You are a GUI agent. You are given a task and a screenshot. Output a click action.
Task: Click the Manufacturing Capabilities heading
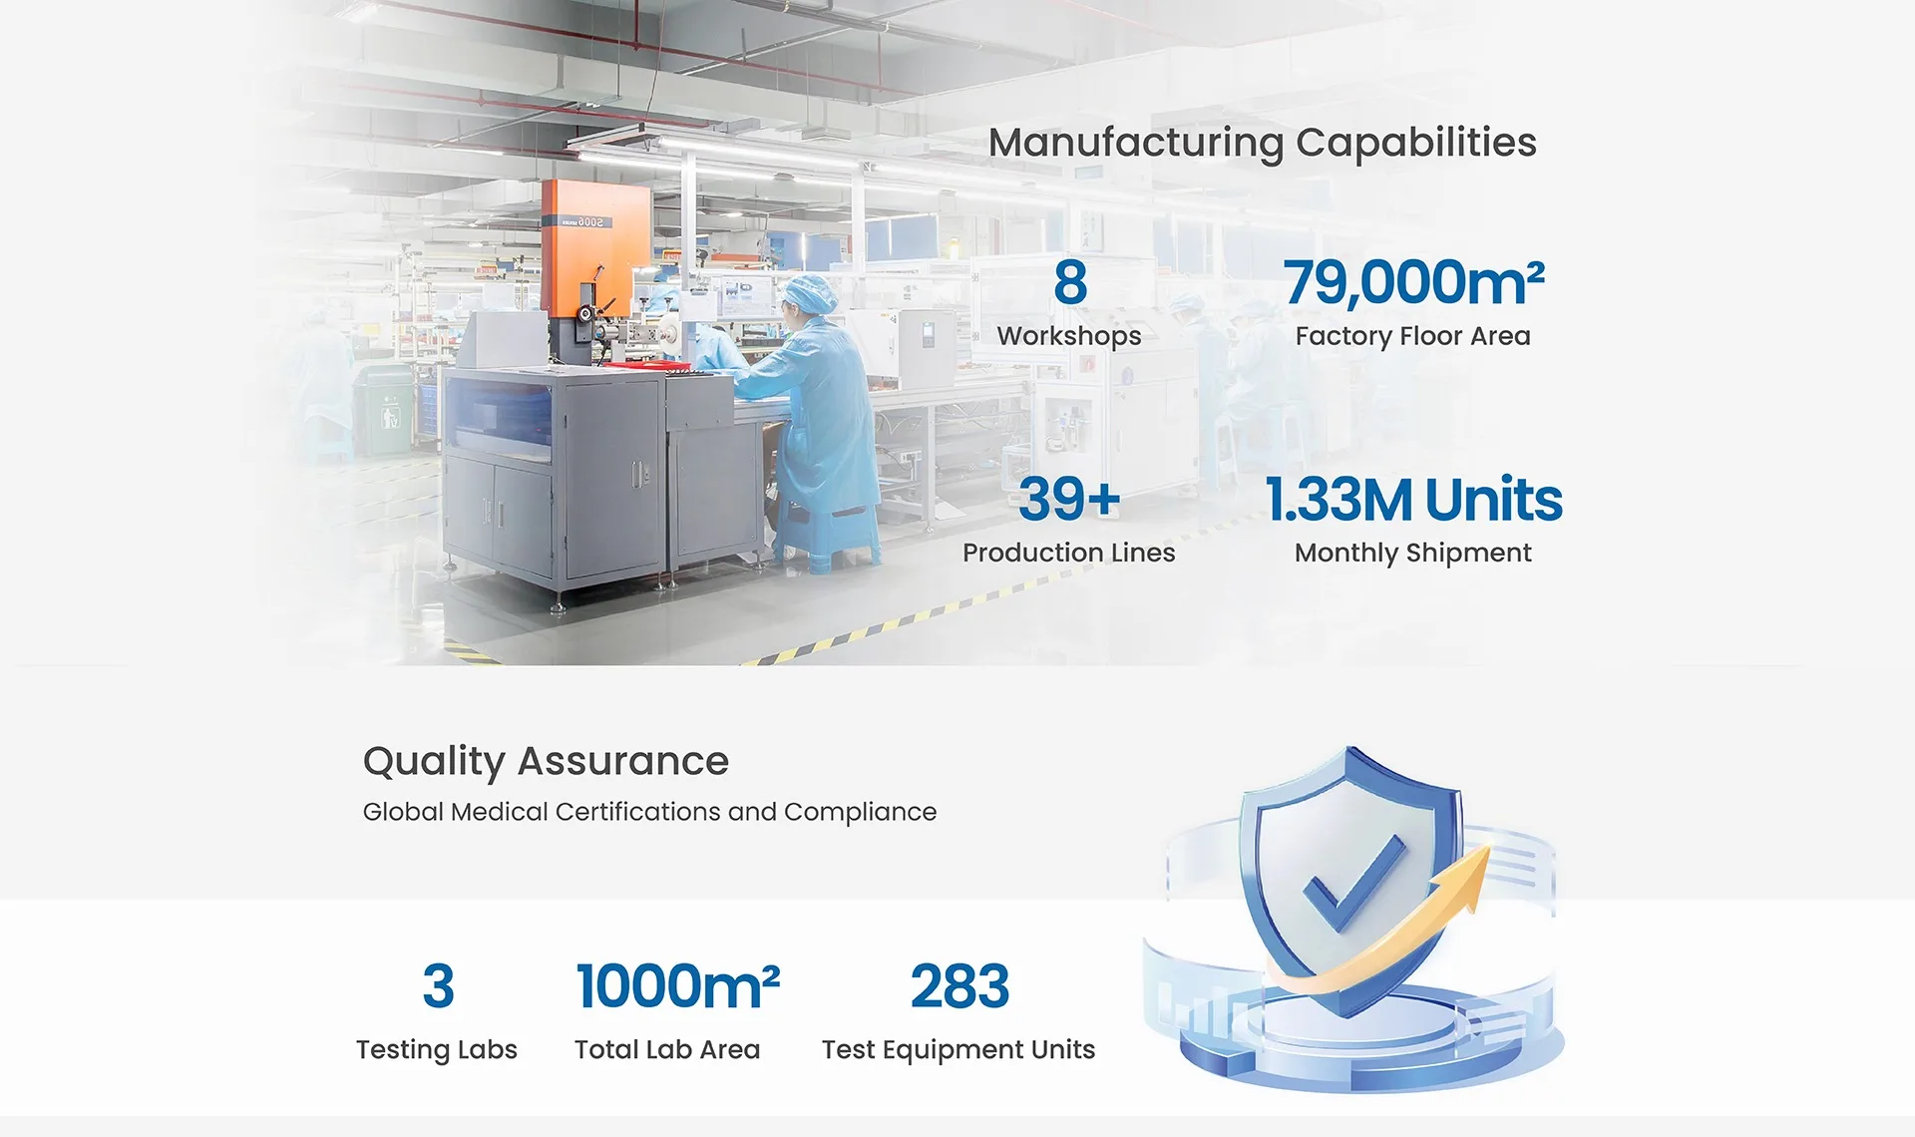[1262, 143]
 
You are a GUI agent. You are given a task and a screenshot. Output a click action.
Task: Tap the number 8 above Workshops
[1070, 282]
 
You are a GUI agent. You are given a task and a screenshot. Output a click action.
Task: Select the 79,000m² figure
[1413, 282]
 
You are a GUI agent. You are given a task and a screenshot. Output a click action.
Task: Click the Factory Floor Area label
[1412, 336]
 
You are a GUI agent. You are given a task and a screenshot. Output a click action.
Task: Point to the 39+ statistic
[1069, 499]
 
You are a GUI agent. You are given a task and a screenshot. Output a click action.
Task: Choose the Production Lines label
[1068, 553]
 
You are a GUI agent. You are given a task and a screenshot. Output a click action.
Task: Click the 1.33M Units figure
[1413, 499]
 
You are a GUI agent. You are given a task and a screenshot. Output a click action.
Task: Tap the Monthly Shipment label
[1412, 554]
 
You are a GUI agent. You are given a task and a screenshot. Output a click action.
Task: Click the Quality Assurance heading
[546, 761]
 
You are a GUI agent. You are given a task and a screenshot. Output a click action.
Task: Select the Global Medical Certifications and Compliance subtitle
[649, 812]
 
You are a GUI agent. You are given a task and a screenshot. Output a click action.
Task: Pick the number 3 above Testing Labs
[438, 985]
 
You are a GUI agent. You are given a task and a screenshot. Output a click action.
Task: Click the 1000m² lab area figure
[677, 985]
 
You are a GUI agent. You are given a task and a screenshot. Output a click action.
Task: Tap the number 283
[959, 985]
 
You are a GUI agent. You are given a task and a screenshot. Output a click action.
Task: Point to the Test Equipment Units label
[958, 1050]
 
